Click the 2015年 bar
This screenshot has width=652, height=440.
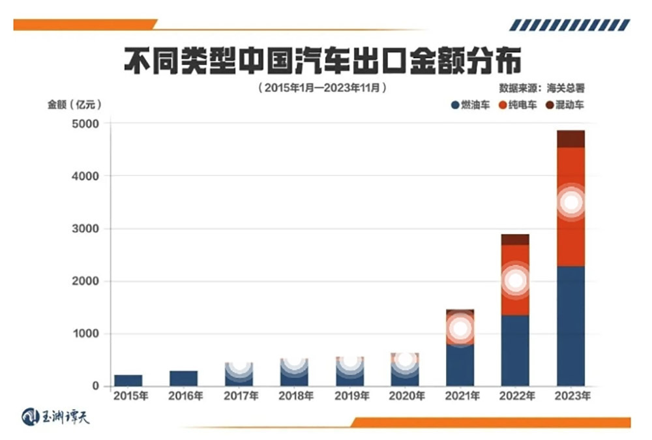click(x=128, y=380)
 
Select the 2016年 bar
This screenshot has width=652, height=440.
click(x=183, y=378)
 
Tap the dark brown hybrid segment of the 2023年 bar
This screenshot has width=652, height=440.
click(x=570, y=139)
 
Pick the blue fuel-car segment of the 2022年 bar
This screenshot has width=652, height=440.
click(x=515, y=351)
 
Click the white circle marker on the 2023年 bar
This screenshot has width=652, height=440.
click(x=571, y=203)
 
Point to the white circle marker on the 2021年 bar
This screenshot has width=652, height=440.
click(x=460, y=329)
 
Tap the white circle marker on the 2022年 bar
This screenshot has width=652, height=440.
click(x=516, y=281)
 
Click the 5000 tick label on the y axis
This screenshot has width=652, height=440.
click(x=85, y=123)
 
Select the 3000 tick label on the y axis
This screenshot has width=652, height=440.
click(x=85, y=228)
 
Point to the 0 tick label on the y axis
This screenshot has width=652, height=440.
click(x=96, y=386)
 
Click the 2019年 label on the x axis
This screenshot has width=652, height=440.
click(x=352, y=396)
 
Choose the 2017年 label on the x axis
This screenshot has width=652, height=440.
click(x=241, y=396)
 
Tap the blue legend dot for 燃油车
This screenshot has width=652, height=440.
click(x=455, y=105)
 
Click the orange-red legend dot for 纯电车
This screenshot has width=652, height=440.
click(x=503, y=105)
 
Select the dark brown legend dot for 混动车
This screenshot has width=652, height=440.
click(x=550, y=105)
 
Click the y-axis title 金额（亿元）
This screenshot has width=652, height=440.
click(x=74, y=104)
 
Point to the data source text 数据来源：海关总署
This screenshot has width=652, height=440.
click(x=542, y=88)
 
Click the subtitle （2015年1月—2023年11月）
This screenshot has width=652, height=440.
click(x=323, y=88)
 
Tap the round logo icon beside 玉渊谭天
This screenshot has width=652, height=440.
click(x=30, y=417)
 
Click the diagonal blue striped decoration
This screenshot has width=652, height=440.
click(x=570, y=25)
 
